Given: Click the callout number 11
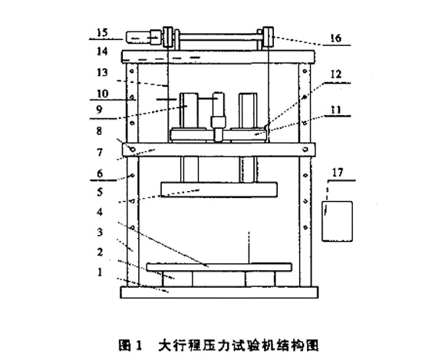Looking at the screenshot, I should click(335, 111).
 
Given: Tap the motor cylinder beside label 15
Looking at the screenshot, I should click(140, 35).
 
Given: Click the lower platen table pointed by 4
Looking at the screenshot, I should click(219, 267).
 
